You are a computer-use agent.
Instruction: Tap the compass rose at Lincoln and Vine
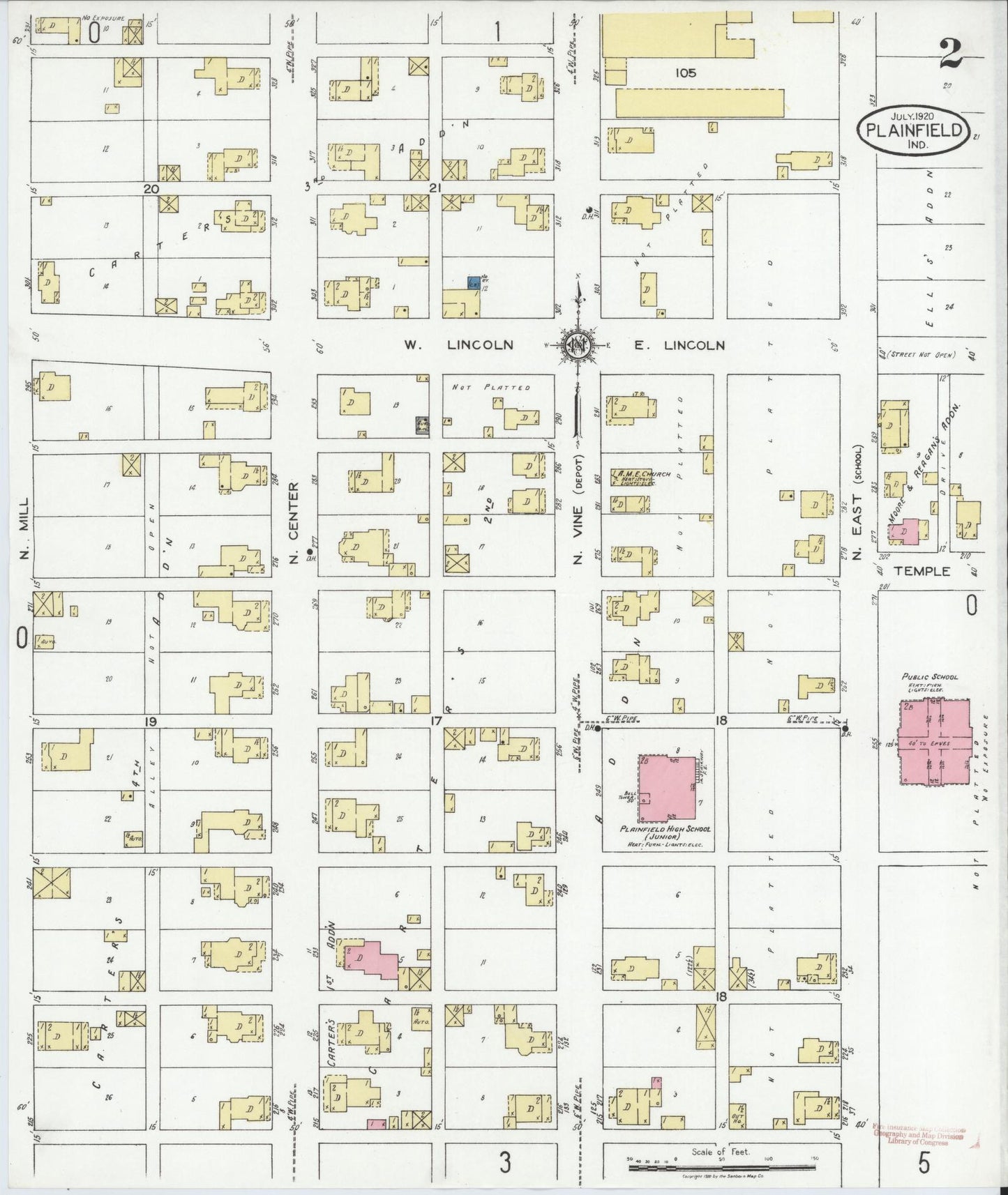point(577,344)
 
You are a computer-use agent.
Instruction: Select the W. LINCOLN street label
point(460,344)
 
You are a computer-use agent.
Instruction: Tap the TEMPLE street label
point(922,571)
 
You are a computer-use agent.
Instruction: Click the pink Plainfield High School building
point(668,786)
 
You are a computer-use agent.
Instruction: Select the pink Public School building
point(934,742)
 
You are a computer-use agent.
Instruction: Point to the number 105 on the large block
point(685,73)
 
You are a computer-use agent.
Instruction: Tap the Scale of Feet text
point(720,1152)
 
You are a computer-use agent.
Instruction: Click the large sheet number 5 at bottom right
point(924,1163)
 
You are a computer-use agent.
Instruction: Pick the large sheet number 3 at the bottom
point(504,1162)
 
